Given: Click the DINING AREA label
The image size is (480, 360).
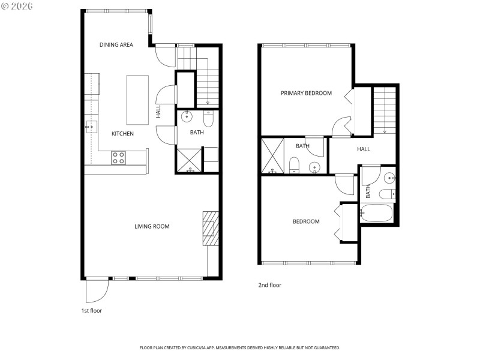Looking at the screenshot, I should [x=116, y=45].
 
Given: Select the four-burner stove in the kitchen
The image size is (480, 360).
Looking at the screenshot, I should [x=118, y=158].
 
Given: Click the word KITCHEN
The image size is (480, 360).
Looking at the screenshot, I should [x=122, y=134].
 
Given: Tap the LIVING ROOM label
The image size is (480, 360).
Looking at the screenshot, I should [x=152, y=227].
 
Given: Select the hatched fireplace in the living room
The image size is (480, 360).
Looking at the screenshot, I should [x=209, y=228].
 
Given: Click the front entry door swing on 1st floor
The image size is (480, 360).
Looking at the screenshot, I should [x=97, y=290].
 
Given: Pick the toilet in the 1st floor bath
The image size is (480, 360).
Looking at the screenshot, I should [x=209, y=115].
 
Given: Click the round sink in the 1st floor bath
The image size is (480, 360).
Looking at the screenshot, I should [x=187, y=116].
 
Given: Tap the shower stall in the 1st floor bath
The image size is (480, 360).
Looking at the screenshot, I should [x=190, y=160].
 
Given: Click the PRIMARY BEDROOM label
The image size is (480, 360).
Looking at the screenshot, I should [x=307, y=93].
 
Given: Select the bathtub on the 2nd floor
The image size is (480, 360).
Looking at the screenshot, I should [x=376, y=213].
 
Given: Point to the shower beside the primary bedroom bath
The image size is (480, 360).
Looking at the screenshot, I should [x=272, y=155].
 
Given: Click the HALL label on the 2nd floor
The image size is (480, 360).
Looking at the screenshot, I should [x=364, y=149].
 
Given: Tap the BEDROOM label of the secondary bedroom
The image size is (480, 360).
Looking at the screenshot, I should [x=306, y=222].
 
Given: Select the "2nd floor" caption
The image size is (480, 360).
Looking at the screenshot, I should [x=269, y=286].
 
